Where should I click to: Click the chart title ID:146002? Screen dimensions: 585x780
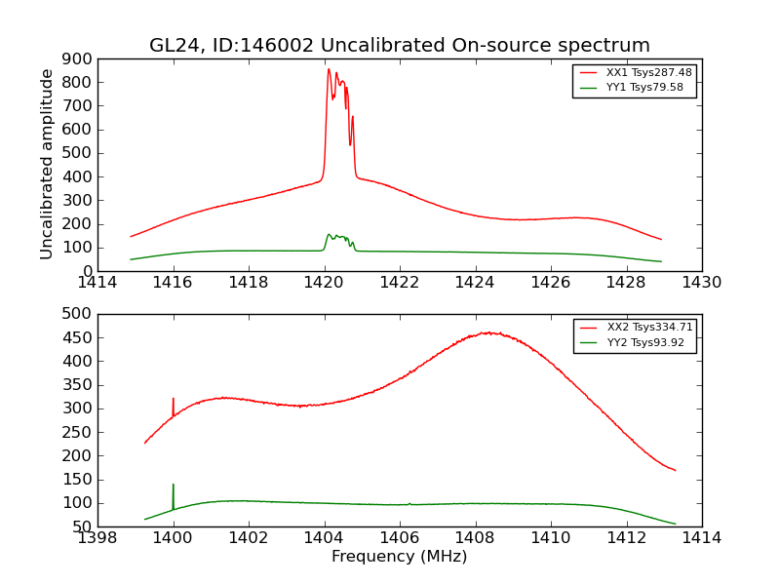point(399,46)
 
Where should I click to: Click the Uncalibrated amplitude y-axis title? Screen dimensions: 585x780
point(47,164)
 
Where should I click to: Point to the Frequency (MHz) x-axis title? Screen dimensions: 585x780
point(399,557)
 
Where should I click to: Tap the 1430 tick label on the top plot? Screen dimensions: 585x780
point(701,283)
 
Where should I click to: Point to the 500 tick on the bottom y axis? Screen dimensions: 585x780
point(79,314)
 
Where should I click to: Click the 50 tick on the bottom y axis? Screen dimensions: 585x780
point(84,526)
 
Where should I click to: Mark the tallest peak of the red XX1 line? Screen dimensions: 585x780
point(329,69)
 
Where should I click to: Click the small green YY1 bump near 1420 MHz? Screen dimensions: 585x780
point(330,234)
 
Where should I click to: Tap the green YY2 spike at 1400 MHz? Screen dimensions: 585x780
point(174,485)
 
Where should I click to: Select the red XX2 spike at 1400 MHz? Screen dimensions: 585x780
point(174,399)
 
